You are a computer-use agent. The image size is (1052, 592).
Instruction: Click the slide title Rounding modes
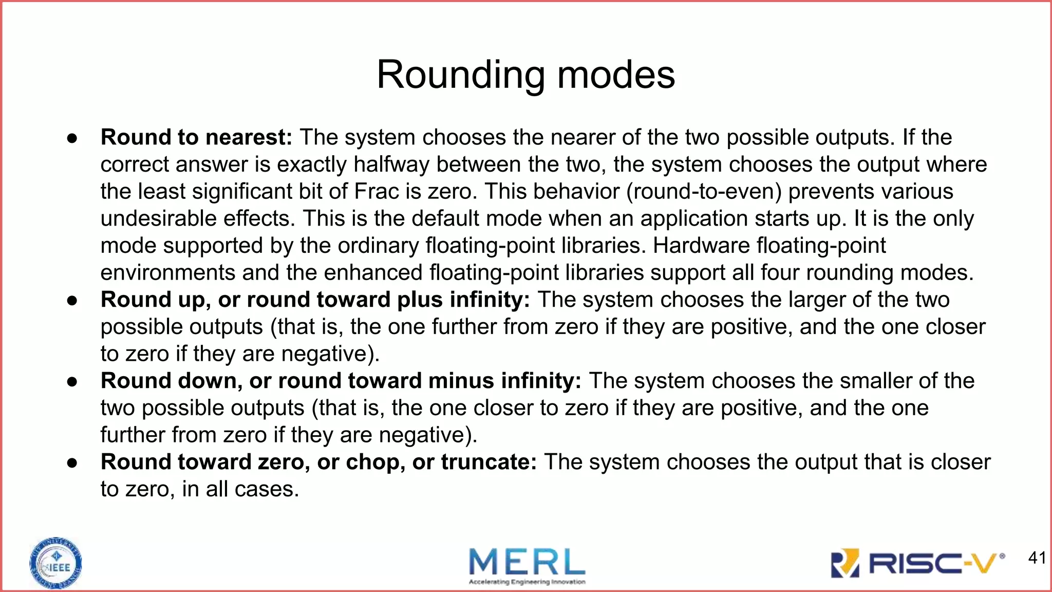click(525, 75)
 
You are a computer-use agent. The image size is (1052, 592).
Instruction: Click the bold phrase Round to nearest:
click(196, 137)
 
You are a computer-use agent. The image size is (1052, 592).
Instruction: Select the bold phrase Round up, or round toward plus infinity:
click(315, 300)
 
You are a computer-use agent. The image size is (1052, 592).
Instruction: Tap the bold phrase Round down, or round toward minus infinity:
click(341, 381)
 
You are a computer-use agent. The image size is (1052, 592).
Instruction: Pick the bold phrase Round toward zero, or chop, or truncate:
click(318, 462)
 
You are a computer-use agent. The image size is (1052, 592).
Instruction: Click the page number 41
click(1037, 558)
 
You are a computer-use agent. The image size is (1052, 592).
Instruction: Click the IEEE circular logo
click(56, 563)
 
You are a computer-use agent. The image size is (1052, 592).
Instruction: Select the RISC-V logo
click(917, 564)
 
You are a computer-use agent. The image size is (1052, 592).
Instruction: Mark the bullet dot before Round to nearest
click(72, 138)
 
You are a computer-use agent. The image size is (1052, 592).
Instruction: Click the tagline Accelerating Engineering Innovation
click(527, 582)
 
